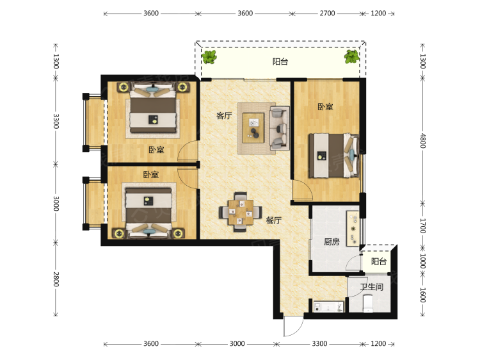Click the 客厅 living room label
[x=224, y=116]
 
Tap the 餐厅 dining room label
[x=274, y=220]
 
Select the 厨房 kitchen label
[x=332, y=241]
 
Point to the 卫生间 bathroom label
[x=371, y=287]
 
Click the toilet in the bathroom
[x=367, y=304]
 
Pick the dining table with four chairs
[x=241, y=212]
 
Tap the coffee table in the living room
[x=253, y=127]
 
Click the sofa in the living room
[x=279, y=128]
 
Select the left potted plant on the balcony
[x=209, y=56]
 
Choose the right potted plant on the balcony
[x=351, y=56]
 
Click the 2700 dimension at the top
[x=327, y=13]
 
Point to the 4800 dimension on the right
[x=422, y=141]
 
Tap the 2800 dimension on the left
[x=56, y=279]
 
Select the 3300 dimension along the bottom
[x=319, y=344]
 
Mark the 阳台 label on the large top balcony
[x=280, y=61]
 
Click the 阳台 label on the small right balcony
[x=379, y=261]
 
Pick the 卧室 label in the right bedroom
[x=325, y=107]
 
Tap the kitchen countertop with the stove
[x=353, y=228]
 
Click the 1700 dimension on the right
[x=422, y=226]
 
